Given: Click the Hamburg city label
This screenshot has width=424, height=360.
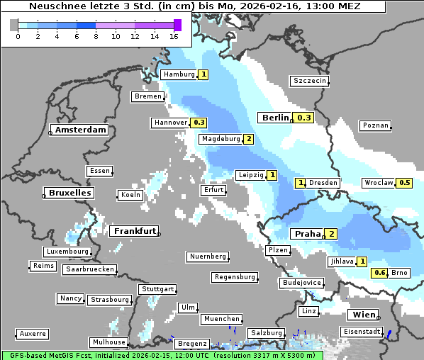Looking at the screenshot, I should click(x=179, y=74).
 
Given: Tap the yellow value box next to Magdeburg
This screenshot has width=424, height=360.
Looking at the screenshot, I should click(x=248, y=139).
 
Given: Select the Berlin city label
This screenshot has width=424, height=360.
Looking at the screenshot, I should click(x=274, y=118).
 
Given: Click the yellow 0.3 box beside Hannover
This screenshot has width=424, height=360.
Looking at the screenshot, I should click(x=199, y=123).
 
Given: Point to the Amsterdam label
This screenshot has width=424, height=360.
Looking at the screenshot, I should click(x=80, y=130).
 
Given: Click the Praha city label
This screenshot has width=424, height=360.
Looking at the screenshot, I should click(x=307, y=234).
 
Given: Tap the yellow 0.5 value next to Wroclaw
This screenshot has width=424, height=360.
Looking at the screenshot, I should click(x=404, y=183).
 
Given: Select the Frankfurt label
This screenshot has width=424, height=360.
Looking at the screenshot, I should click(x=134, y=231).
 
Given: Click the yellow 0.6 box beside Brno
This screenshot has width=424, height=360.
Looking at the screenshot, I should click(x=379, y=273).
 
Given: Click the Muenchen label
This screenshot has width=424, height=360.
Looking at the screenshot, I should click(x=221, y=320).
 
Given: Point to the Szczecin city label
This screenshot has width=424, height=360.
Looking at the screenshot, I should click(x=310, y=81).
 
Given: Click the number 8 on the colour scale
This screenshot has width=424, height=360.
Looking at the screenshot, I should click(x=96, y=36).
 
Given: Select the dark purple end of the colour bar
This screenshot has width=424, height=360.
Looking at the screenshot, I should click(x=177, y=25).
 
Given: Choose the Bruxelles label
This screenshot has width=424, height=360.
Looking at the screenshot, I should click(x=68, y=193).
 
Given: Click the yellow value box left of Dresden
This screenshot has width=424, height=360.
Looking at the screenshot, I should click(x=300, y=183).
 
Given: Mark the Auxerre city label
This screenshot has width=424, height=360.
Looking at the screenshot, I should click(x=33, y=333).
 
